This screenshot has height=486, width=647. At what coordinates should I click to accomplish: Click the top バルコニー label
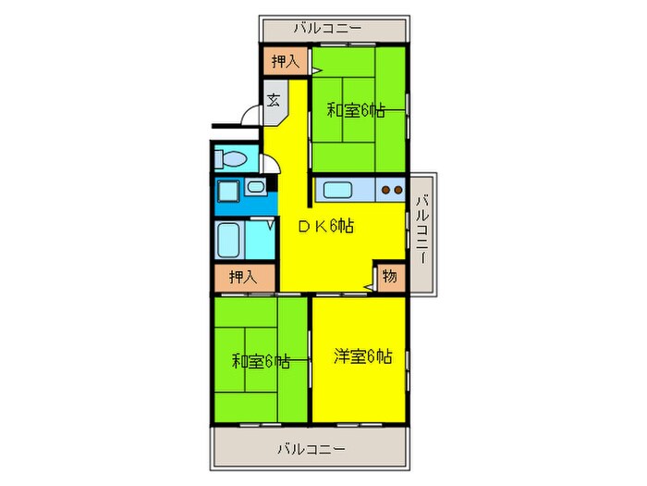point(329,28)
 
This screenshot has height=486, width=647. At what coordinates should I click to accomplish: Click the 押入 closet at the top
point(285,62)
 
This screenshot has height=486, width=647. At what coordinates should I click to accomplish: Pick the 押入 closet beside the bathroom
point(245,276)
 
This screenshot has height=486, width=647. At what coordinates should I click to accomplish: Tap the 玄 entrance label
point(275,100)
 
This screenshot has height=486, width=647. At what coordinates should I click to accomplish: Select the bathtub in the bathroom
point(229,240)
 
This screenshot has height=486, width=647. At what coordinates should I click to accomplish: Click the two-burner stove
point(392,192)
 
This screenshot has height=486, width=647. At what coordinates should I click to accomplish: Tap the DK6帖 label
point(325,225)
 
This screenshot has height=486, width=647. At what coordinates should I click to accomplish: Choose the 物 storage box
point(390,276)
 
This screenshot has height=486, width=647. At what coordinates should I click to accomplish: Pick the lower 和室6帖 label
point(260,361)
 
